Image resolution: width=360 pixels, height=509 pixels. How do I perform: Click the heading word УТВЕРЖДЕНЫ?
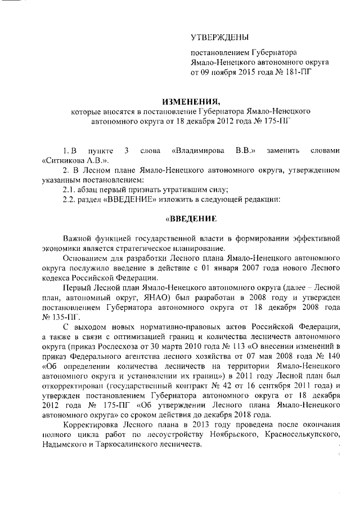click(219, 38)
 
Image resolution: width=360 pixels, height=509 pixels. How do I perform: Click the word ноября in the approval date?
click(229, 73)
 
